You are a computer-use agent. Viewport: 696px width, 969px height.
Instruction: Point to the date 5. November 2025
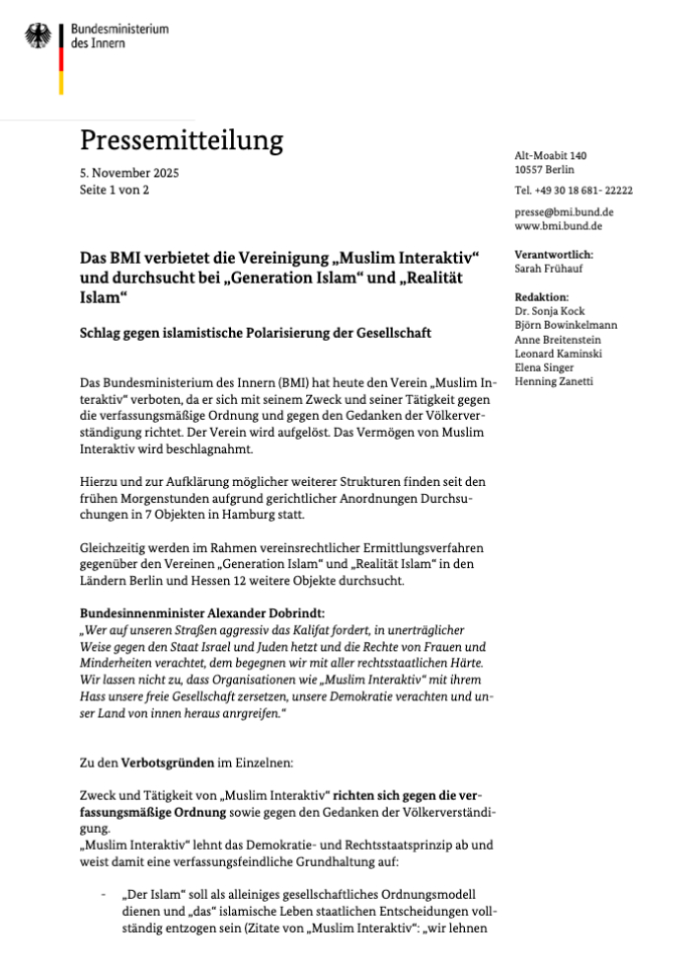click(129, 173)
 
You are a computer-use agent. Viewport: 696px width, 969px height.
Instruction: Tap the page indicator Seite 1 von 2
click(115, 189)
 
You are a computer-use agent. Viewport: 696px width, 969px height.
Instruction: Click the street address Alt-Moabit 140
click(551, 156)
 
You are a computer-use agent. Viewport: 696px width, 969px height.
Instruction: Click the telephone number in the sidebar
click(574, 191)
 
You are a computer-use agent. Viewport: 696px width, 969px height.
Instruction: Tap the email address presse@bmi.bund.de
click(565, 211)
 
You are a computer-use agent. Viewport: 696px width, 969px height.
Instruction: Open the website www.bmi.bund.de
click(559, 226)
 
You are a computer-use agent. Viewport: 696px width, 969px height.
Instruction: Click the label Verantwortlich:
click(554, 254)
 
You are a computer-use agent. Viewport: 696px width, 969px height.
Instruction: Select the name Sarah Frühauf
click(549, 268)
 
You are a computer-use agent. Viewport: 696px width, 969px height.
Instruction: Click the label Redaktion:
click(542, 296)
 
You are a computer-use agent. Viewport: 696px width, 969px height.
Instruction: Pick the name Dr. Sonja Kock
click(550, 311)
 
